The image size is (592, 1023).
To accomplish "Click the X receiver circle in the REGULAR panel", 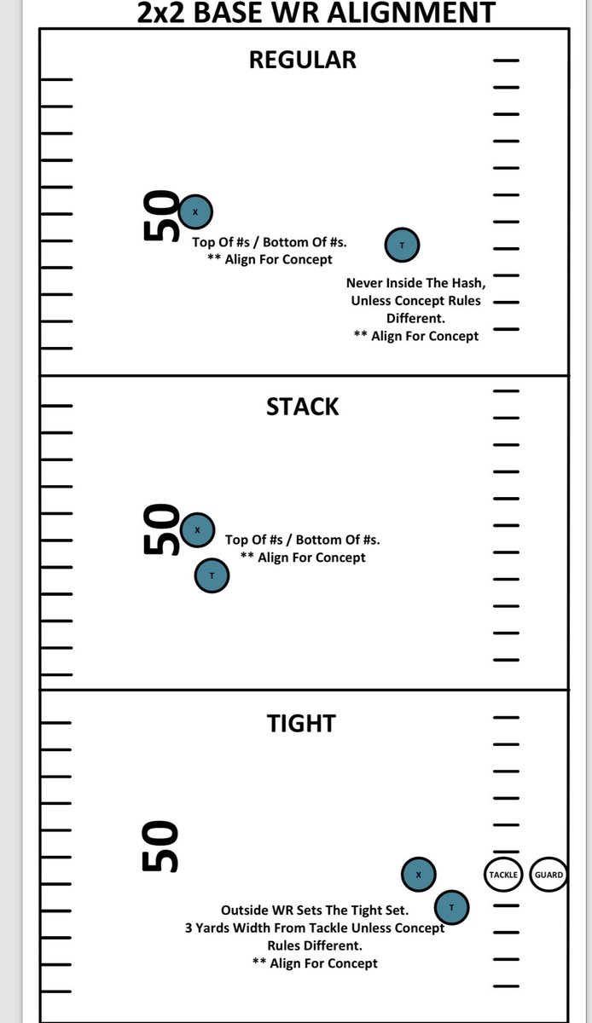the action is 195,211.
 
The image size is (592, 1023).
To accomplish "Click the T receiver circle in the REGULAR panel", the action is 402,245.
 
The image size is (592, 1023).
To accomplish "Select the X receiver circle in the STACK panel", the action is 198,529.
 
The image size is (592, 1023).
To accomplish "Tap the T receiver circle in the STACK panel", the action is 212,575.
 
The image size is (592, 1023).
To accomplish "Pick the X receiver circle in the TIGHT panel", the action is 419,874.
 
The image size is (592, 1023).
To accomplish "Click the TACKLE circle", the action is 503,875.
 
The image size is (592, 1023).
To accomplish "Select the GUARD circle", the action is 548,875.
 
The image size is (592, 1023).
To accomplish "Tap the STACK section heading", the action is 302,407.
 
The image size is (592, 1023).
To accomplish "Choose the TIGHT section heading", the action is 301,724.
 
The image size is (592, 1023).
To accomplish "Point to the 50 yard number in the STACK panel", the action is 160,529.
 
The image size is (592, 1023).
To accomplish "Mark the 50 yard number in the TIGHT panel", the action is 160,847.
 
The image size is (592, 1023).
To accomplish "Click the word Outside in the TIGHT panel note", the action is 244,910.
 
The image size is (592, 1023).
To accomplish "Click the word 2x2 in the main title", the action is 161,12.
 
